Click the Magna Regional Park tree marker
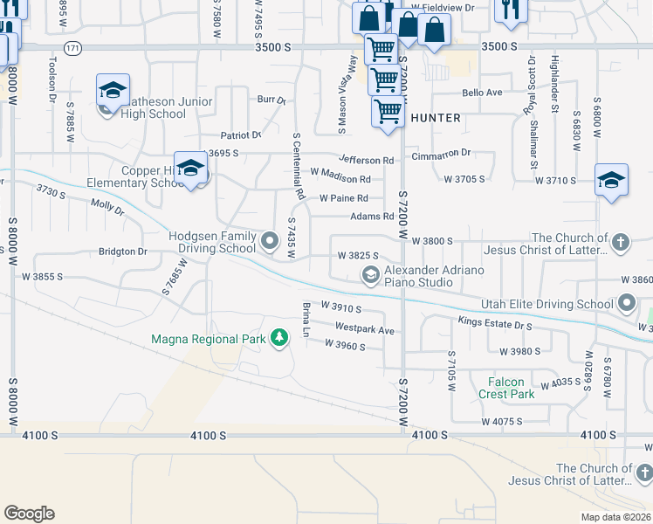pos(279,337)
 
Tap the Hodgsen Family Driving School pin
pos(270,238)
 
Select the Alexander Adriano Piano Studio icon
pos(371,276)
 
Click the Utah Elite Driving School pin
pos(627,304)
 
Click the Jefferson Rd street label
pos(367,160)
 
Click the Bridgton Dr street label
pos(124,252)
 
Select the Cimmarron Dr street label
pos(441,152)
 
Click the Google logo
pos(29,514)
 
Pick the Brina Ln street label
pos(306,320)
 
